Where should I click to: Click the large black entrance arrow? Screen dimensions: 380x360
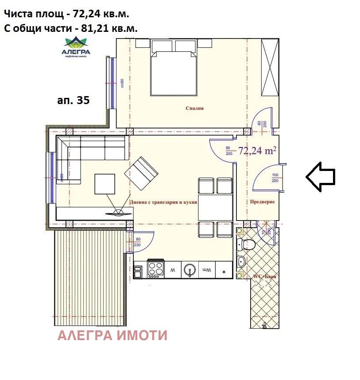[x=321, y=177]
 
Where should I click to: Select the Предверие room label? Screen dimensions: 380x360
[x=262, y=202]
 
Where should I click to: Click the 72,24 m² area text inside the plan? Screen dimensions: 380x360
[x=257, y=151]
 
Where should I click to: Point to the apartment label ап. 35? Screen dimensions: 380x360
[x=74, y=101]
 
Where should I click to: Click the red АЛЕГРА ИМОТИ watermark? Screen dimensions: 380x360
[x=112, y=336]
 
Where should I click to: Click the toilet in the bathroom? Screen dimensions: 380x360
[x=246, y=244]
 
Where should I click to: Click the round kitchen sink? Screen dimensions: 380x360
[x=190, y=269]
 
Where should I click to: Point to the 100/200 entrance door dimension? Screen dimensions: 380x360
[x=275, y=178]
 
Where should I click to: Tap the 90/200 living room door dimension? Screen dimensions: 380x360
[x=228, y=151]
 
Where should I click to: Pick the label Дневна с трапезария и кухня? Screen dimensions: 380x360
[x=163, y=202]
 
